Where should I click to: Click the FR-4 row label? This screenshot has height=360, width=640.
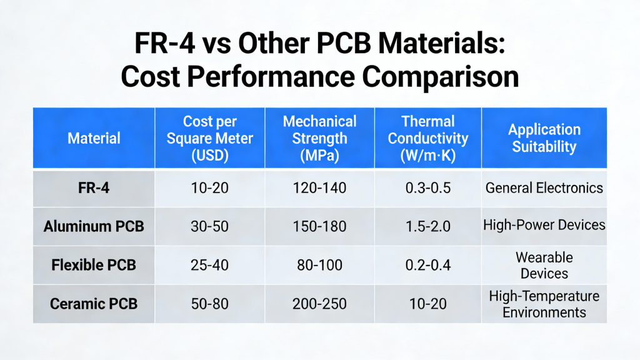[94, 187]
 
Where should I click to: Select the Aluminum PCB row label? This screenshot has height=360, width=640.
[94, 226]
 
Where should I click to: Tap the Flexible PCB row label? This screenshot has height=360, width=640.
[94, 264]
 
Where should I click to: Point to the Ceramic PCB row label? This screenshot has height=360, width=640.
[94, 304]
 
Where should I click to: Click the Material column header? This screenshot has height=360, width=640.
[94, 137]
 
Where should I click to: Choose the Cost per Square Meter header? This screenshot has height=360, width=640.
[209, 137]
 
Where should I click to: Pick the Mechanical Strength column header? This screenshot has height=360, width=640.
[319, 137]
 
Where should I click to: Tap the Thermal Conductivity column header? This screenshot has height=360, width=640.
[427, 137]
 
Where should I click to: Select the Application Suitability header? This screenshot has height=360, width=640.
[544, 137]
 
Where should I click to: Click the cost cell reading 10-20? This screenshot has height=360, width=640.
[209, 187]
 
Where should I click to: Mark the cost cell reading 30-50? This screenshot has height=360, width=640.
[209, 226]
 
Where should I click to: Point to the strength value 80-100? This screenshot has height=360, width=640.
[319, 264]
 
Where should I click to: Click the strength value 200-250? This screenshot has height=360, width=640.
[319, 304]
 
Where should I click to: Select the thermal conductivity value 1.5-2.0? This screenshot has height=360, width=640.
[427, 226]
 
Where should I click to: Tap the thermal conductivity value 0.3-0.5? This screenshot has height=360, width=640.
[427, 187]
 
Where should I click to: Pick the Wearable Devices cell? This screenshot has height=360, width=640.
[544, 265]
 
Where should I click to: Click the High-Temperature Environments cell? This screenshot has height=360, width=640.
[544, 304]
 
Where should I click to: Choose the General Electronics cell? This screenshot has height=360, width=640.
[544, 187]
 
